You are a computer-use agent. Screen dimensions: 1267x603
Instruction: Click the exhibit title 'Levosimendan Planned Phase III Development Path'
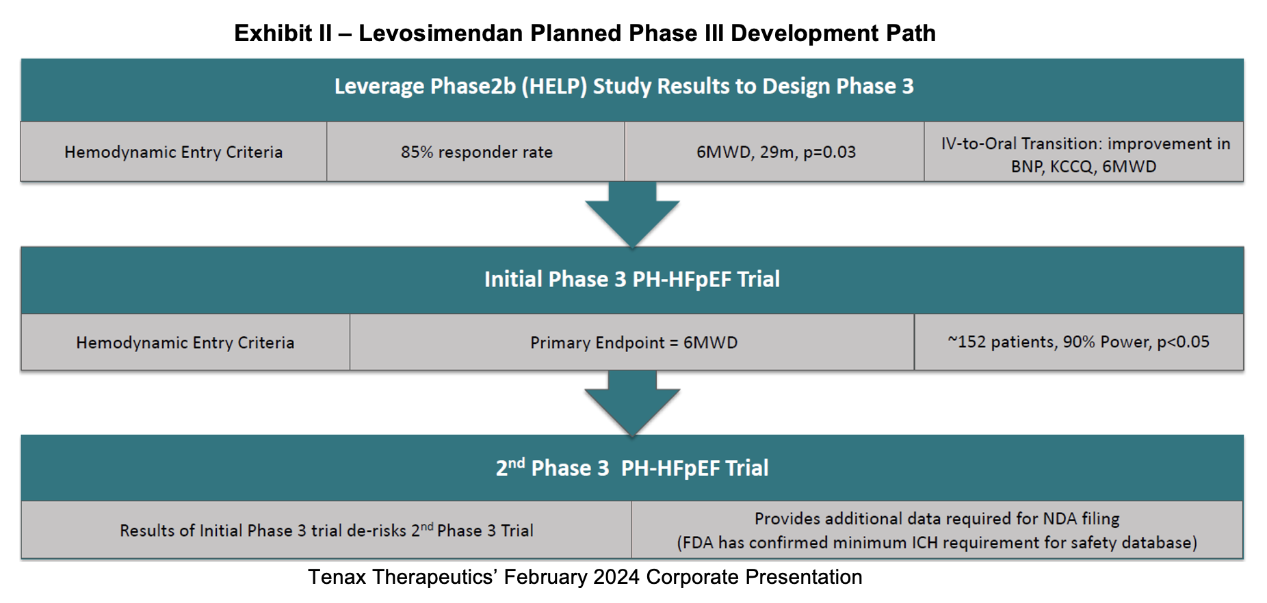tap(647, 33)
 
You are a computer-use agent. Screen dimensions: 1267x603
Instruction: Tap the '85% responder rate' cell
tap(477, 152)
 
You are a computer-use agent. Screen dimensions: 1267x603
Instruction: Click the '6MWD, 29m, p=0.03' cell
tap(776, 152)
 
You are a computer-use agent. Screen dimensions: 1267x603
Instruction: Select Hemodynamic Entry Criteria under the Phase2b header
tap(174, 152)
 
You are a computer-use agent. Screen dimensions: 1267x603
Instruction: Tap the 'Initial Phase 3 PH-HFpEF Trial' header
tap(632, 279)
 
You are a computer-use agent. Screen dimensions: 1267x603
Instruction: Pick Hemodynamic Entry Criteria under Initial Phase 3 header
tap(185, 343)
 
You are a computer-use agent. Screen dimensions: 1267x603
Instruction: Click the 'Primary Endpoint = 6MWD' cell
tap(633, 343)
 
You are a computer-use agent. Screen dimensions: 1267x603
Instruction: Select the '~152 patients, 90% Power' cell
tap(1078, 342)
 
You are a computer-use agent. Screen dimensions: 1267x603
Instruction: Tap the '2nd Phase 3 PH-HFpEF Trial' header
tap(632, 467)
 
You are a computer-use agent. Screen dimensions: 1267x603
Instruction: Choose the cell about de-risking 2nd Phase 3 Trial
tap(326, 530)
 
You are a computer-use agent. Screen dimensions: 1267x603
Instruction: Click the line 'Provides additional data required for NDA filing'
tap(937, 519)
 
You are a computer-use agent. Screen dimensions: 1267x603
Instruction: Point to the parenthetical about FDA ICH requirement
tap(937, 543)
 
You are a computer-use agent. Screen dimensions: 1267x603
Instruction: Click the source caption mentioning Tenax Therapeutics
tap(585, 577)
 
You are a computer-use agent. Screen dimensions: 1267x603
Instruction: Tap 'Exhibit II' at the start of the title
tap(283, 33)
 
